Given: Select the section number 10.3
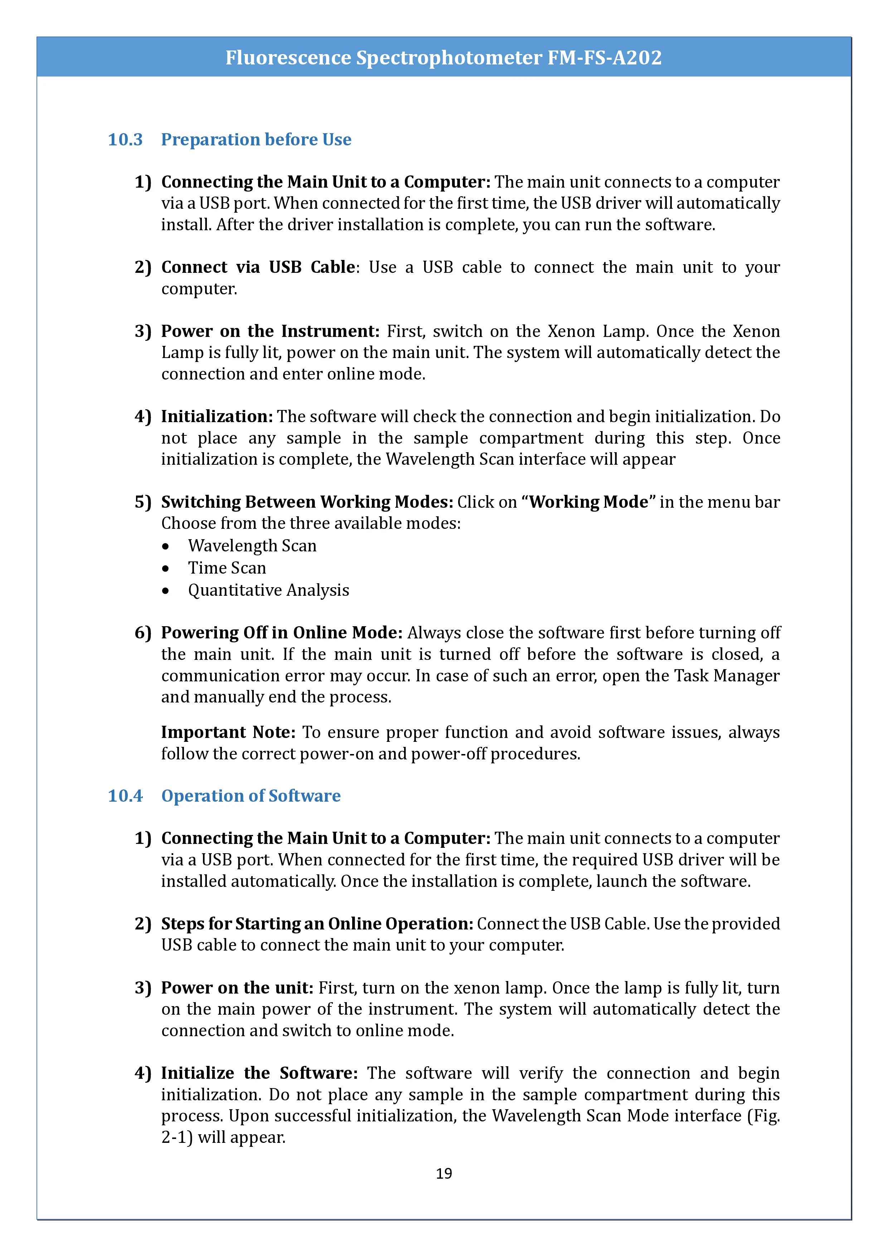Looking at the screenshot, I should (125, 140).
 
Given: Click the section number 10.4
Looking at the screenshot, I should (125, 796).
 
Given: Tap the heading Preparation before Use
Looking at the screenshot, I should (256, 140).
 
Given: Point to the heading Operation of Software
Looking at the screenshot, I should (251, 796).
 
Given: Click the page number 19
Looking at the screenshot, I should (443, 1173).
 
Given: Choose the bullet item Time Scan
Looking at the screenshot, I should (227, 568).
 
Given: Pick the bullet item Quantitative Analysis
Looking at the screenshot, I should (268, 590).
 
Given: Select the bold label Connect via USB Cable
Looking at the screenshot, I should (258, 267).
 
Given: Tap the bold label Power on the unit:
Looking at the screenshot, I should (237, 987).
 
